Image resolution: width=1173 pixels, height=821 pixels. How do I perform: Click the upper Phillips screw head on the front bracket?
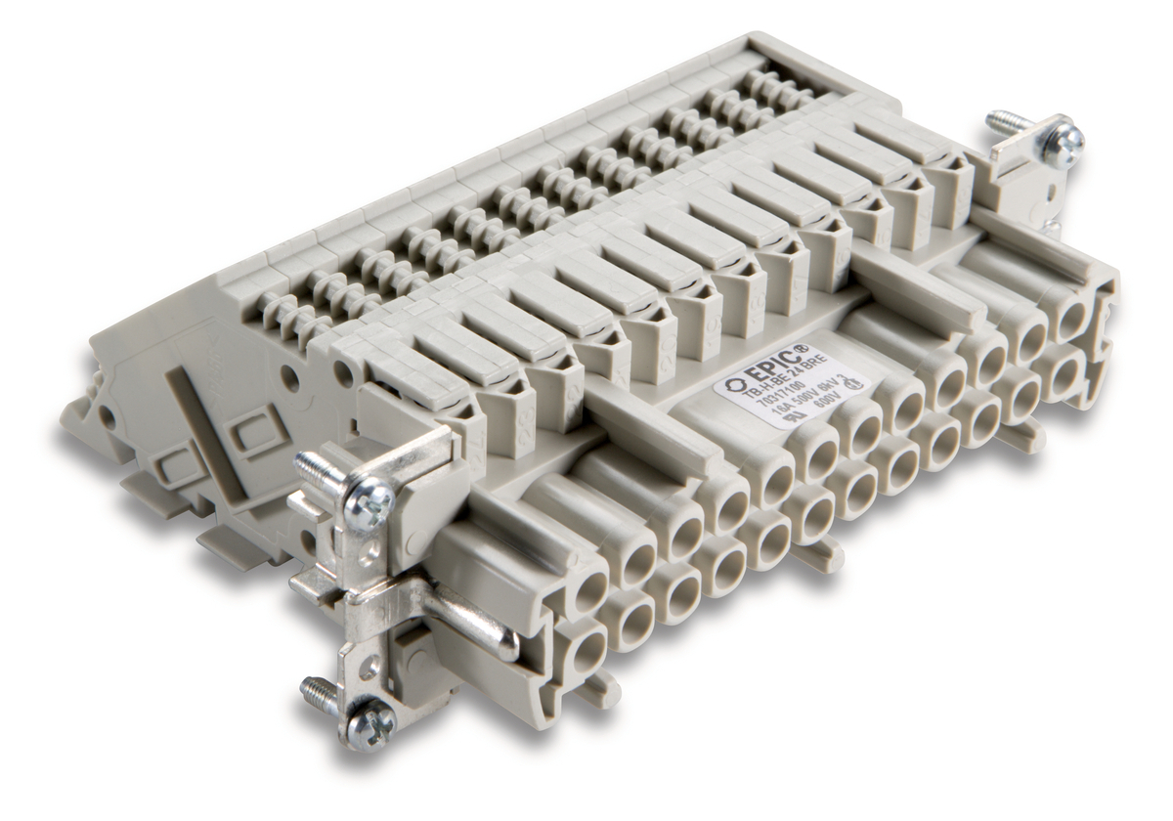[372, 506]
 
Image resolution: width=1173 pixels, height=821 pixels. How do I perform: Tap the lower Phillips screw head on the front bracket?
[373, 724]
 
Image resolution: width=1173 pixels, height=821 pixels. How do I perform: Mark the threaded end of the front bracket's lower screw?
[319, 691]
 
